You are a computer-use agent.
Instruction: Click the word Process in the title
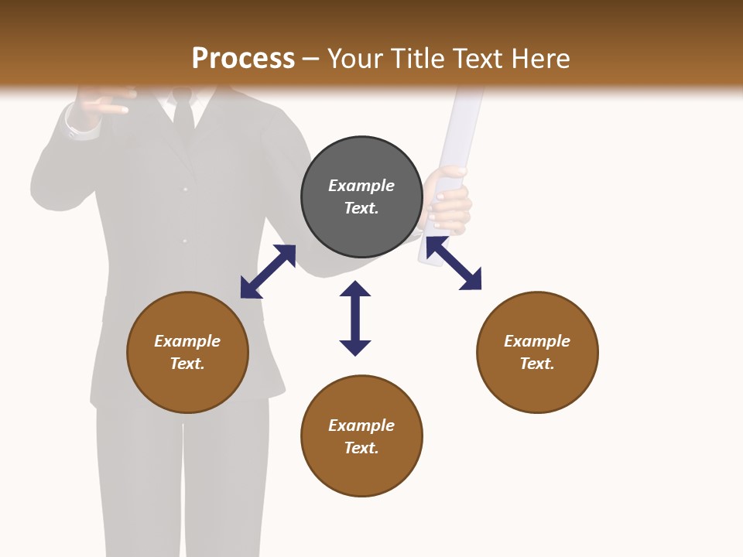coord(243,58)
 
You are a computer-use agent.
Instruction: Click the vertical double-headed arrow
coord(355,318)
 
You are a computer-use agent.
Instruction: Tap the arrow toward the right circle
coord(454,263)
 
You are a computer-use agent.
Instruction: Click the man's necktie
coord(183,116)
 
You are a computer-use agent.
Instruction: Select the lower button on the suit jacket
coord(184,241)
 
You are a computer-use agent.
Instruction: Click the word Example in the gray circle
coord(361,186)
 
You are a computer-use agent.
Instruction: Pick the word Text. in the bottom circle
coord(361,448)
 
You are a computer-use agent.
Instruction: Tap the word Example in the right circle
coord(537,341)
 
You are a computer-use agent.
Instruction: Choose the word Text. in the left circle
coord(187,364)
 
